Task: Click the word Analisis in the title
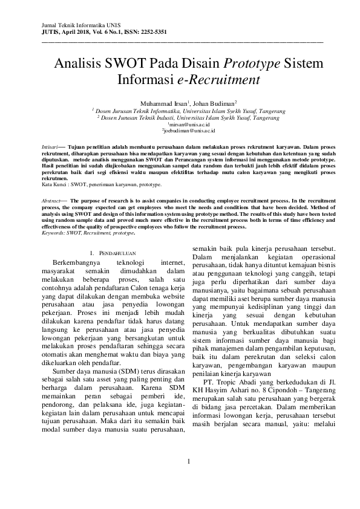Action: (76, 63)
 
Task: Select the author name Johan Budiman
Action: (216, 103)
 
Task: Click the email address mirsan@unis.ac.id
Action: (180, 124)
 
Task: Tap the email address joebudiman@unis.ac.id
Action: (180, 130)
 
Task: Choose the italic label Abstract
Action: (51, 199)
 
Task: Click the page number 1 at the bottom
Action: (189, 480)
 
